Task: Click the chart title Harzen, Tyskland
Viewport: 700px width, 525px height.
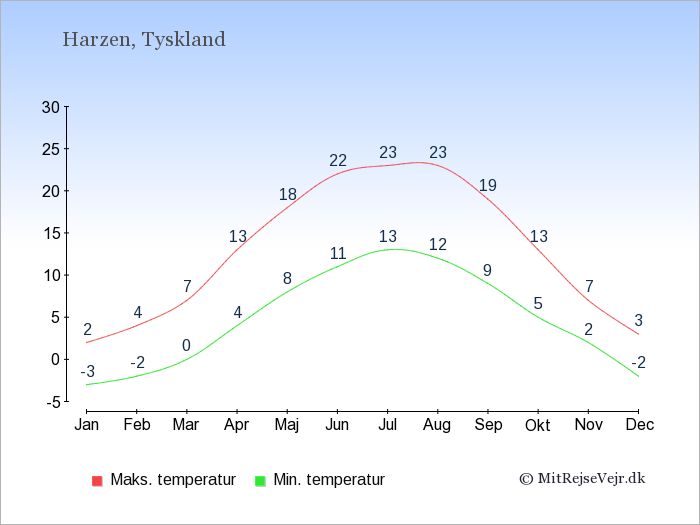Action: coord(144,40)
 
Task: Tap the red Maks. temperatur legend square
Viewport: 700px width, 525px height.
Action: coord(96,480)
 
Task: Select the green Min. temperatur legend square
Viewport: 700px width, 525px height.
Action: coord(260,480)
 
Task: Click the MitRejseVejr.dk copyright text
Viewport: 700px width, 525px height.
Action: coord(582,479)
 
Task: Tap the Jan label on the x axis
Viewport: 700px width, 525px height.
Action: coord(87,425)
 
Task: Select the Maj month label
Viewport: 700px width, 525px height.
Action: coord(287,425)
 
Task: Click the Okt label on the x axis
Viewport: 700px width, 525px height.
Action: coord(538,425)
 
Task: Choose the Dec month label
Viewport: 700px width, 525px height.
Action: coord(638,425)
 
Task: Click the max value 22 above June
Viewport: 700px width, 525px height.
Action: coord(338,161)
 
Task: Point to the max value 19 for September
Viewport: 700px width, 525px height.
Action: coord(488,186)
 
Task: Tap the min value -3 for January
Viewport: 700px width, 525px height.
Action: coord(87,372)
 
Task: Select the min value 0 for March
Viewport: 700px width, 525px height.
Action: coord(187,347)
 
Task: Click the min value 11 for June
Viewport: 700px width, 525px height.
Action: coord(338,254)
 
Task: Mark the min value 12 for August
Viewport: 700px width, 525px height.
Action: coord(438,245)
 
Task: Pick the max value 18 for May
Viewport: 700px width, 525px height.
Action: coord(288,195)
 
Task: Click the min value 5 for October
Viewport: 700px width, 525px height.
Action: coord(538,304)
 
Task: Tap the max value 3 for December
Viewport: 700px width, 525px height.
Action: coord(638,321)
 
